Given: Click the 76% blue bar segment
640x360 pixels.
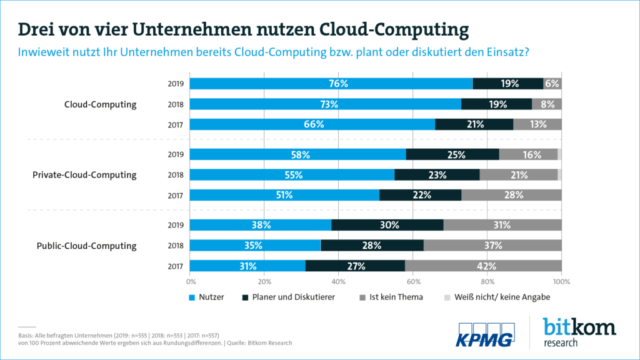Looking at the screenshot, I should point(331,84).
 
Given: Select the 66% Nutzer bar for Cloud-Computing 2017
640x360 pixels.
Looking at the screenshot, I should point(312,124).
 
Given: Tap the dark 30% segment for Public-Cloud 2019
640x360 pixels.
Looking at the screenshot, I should point(387,225).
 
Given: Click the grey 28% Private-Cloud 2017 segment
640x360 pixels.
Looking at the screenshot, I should point(511,195).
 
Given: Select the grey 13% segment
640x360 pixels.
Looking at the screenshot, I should point(537,124).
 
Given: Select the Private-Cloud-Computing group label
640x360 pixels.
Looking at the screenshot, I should point(84,175).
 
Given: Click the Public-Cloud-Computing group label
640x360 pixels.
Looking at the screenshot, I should point(87,246).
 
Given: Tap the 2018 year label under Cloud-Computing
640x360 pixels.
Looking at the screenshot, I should point(174,104).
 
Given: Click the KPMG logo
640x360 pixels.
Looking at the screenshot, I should point(486,334).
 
